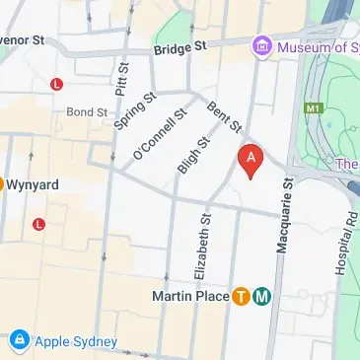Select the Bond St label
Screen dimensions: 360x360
(x=87, y=112)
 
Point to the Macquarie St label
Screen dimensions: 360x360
(x=282, y=216)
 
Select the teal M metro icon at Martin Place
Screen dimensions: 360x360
(x=262, y=296)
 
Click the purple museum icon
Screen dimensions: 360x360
(x=262, y=45)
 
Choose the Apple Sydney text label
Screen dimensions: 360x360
(x=76, y=342)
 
